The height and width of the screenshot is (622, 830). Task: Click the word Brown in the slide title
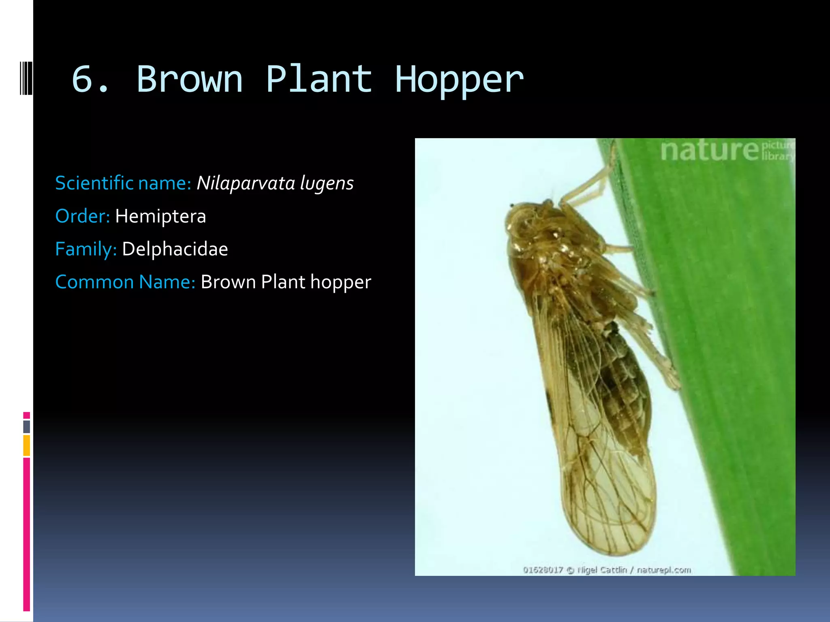(190, 79)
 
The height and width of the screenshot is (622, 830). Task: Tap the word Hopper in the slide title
(459, 79)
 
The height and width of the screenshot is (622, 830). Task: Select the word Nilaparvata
(246, 183)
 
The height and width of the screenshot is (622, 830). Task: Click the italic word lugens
(327, 184)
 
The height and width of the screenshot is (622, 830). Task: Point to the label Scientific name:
(123, 183)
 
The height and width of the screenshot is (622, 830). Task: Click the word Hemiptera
(160, 216)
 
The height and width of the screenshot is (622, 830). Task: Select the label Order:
(82, 216)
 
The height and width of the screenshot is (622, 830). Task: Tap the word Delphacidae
(175, 249)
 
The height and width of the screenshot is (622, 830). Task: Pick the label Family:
(86, 249)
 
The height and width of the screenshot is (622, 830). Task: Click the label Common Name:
(125, 282)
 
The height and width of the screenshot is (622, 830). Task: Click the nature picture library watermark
(725, 151)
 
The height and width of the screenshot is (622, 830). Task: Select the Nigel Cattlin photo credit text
(607, 570)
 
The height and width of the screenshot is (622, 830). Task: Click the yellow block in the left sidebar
(26, 445)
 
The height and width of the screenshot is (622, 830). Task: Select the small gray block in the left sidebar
(26, 426)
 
